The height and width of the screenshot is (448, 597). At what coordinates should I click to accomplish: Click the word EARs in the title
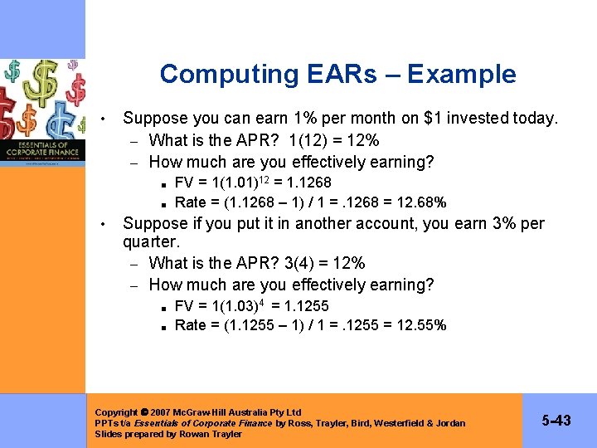(x=329, y=74)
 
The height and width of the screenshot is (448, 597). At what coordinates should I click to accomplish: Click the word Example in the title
(x=461, y=74)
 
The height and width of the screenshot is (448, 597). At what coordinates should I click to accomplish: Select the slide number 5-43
(x=556, y=421)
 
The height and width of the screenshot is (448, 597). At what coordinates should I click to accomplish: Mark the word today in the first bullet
(x=535, y=118)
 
